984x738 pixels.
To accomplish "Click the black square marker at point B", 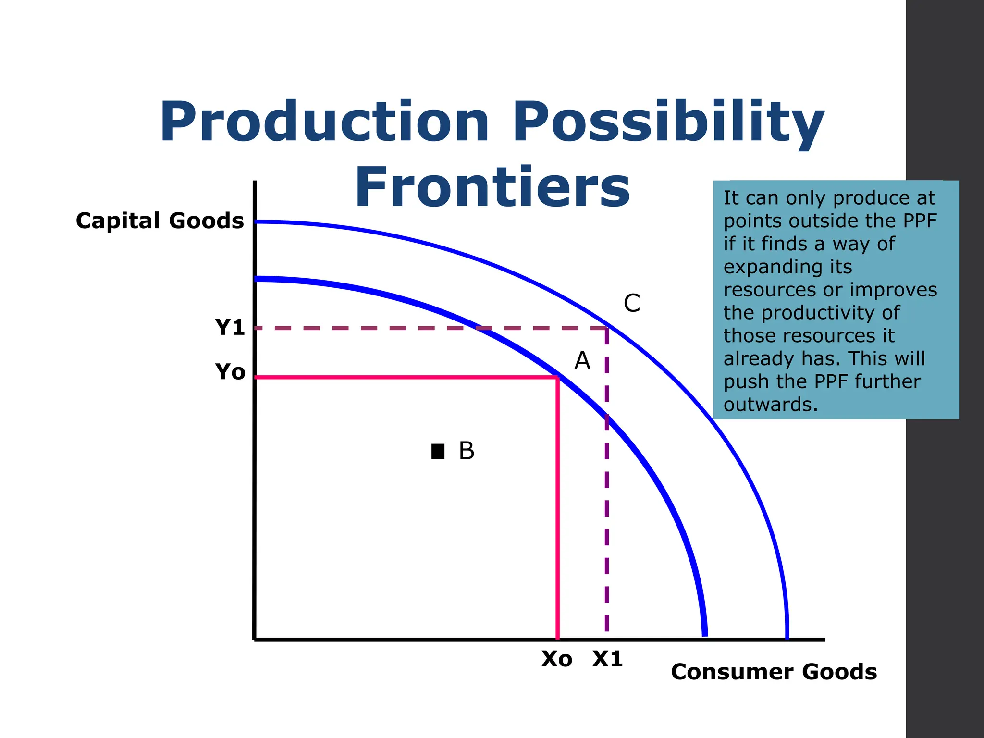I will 438,451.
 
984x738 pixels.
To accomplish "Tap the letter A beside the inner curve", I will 582,360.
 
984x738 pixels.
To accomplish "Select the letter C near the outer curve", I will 631,304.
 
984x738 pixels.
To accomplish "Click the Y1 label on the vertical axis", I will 230,328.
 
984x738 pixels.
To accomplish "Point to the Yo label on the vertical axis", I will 230,372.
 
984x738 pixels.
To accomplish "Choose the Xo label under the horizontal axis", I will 557,659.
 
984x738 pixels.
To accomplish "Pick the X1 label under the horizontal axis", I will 607,659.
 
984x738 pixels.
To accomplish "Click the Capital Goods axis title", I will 160,221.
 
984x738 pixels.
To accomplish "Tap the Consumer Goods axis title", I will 774,672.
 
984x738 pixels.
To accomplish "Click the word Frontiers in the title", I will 492,187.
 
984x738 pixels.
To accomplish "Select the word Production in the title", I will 325,123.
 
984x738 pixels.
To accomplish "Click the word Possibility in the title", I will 668,123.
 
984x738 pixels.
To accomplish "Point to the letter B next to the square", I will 466,451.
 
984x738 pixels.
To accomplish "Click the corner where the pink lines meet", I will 557,378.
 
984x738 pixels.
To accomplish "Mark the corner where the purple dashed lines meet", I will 607,328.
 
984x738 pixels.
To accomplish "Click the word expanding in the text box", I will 787,267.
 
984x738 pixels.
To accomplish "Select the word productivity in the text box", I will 830,313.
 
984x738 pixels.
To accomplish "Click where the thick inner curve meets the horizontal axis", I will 705,636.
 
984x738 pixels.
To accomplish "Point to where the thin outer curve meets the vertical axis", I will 256,222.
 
